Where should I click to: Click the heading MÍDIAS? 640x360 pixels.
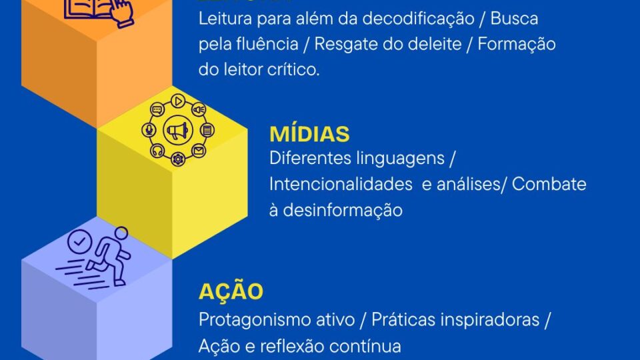309,133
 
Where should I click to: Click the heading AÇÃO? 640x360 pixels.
231,291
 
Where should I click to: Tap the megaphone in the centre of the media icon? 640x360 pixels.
178,131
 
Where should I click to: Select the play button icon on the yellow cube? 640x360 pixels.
178,101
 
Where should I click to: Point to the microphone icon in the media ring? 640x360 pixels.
149,131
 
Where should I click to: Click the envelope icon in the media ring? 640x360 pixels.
199,151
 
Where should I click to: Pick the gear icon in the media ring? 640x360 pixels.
178,159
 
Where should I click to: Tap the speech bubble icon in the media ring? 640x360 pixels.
158,110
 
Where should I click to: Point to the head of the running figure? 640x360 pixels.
121,233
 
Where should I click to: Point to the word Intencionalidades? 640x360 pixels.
341,184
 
